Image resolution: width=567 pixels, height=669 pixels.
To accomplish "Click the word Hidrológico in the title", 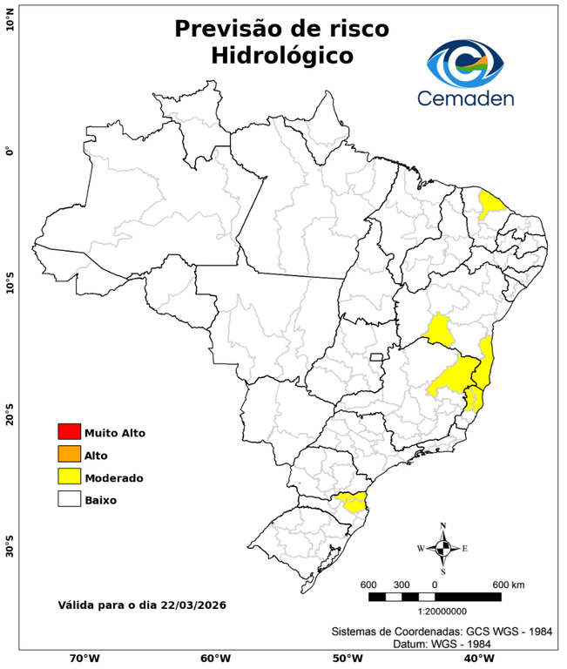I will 282,55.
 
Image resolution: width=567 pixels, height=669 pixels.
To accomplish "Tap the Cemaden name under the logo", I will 465,98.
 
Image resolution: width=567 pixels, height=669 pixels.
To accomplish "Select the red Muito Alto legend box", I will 69,432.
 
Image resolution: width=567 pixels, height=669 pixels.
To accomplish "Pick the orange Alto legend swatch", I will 69,455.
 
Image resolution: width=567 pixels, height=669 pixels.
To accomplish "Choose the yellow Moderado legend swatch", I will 69,477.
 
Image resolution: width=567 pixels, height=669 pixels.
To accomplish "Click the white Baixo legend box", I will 69,500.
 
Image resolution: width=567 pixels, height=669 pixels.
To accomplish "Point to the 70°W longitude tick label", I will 84,659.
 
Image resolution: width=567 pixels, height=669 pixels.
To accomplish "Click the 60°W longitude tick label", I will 215,659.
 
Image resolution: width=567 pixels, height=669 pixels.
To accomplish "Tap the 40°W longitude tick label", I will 476,659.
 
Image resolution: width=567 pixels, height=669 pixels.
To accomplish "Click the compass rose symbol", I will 442,548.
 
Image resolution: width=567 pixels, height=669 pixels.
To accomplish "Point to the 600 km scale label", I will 510,584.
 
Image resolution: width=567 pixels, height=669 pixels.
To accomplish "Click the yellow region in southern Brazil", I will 353,502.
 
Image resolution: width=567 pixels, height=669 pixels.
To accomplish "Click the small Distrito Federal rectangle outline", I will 377,356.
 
